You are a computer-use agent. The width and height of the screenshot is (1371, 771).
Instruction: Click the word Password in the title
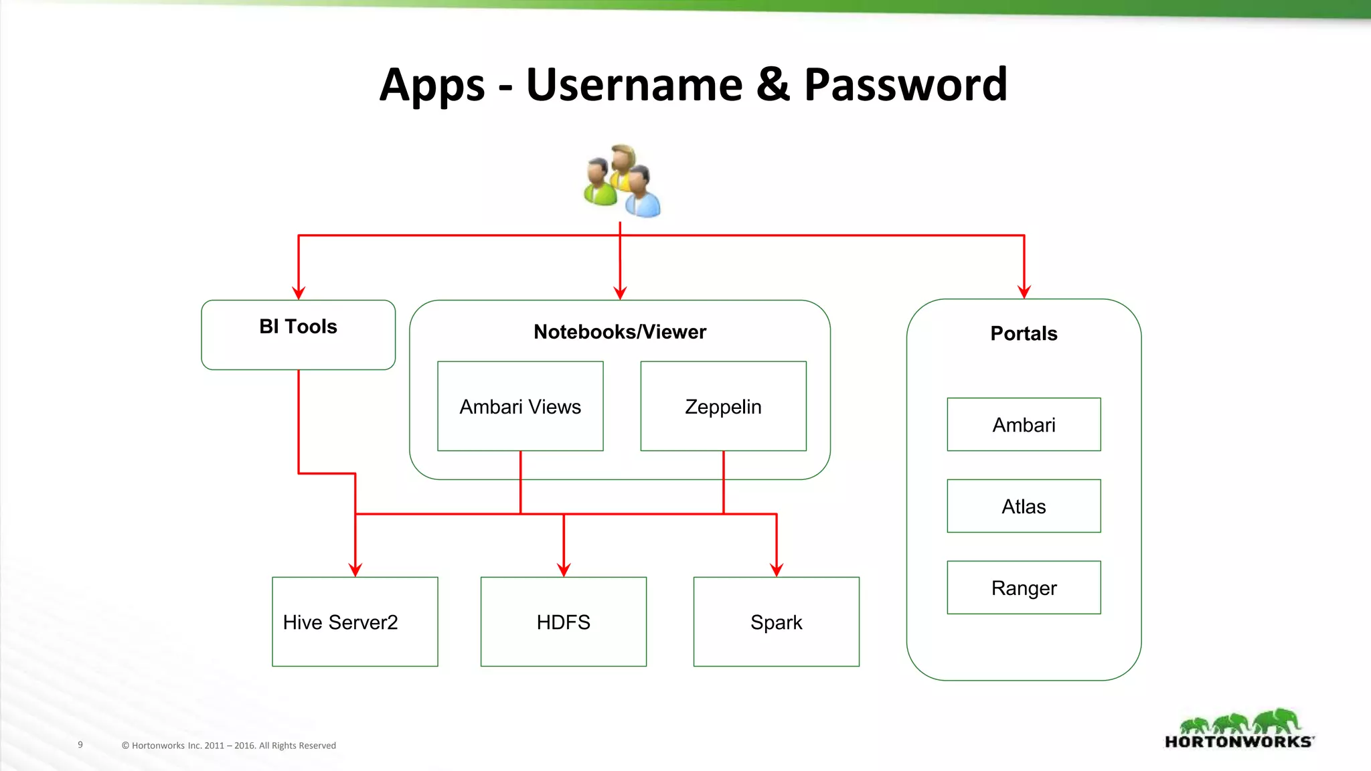point(905,86)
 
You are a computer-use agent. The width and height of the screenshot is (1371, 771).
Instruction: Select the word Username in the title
point(634,86)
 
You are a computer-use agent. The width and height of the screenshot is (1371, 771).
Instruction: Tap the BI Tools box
point(298,335)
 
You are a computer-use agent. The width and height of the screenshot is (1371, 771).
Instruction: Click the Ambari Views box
point(520,406)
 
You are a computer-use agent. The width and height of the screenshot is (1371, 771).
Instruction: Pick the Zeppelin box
point(723,406)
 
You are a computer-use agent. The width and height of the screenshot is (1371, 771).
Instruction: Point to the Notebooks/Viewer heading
point(620,332)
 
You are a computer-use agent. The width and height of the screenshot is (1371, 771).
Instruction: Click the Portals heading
point(1024,333)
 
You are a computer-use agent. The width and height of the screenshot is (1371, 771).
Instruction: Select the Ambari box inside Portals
point(1024,424)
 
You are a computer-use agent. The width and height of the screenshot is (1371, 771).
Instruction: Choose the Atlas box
point(1024,506)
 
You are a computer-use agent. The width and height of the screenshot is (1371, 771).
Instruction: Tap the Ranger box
point(1024,588)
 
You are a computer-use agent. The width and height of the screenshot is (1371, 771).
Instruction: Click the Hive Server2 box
point(355,622)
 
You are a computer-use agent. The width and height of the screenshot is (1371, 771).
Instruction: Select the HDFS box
point(563,622)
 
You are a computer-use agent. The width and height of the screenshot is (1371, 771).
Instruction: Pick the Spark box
point(776,622)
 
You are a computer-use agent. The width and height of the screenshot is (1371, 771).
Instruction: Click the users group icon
point(622,181)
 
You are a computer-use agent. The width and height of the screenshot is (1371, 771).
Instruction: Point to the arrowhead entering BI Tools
point(299,293)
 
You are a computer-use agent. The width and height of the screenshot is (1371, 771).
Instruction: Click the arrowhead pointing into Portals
point(1024,292)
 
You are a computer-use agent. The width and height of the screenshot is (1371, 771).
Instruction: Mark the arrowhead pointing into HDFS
point(564,570)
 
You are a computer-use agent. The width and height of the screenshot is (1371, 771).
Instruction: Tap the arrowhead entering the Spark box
point(777,570)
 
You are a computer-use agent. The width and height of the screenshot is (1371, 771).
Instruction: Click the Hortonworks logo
point(1239,730)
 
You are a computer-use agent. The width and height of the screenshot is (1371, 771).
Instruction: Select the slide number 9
point(80,744)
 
